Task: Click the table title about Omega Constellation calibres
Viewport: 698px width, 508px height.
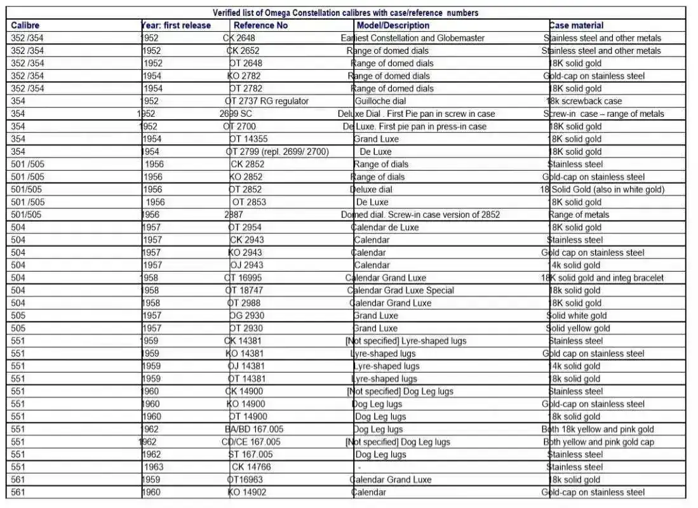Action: tap(346, 13)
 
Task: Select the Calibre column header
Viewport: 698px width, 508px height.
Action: tap(25, 25)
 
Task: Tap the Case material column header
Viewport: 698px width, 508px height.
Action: tap(576, 25)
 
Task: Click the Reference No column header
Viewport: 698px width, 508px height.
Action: tap(260, 25)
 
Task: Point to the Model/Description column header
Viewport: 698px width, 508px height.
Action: tap(393, 25)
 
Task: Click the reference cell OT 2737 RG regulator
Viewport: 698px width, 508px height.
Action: tap(267, 101)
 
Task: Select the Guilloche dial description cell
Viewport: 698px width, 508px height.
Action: tap(380, 101)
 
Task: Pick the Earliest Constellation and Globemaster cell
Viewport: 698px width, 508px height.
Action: tap(413, 38)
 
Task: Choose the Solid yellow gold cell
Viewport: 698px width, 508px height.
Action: tap(578, 328)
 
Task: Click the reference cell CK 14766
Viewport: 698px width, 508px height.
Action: tap(251, 467)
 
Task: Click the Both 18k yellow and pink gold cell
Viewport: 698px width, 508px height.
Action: tap(598, 429)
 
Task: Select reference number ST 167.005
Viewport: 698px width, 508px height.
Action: tap(251, 455)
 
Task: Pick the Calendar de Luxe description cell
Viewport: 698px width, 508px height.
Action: tap(385, 227)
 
